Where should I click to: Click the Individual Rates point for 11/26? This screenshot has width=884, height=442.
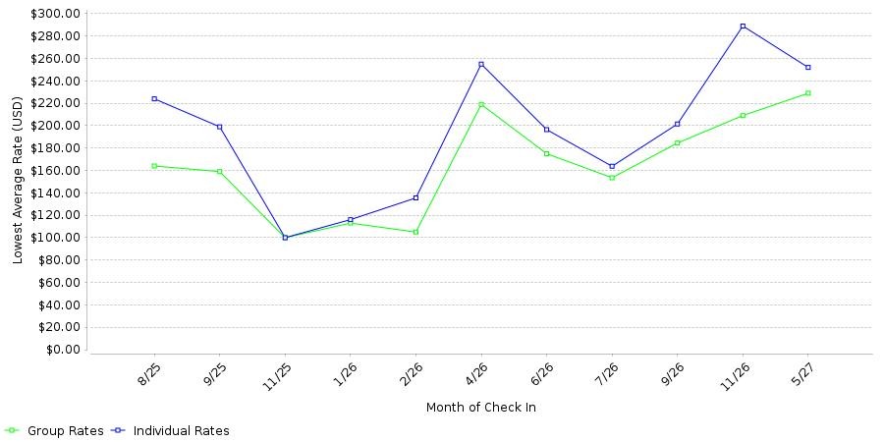coord(743,26)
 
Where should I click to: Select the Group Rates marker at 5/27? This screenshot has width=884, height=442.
coord(808,93)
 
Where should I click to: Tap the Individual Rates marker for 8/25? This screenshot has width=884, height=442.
coord(154,98)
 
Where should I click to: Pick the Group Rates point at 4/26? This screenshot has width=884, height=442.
coord(481,104)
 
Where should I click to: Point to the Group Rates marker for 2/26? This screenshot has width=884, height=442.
coord(415,232)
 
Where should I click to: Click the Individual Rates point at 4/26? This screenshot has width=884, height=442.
coord(481,64)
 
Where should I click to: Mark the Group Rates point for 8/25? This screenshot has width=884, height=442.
coord(154,166)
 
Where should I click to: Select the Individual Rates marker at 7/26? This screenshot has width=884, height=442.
coord(612,166)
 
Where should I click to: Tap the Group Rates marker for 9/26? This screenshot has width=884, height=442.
coord(677,143)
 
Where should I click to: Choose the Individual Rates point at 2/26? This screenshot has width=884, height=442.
coord(415,197)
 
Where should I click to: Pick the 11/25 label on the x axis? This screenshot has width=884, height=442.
coord(276,372)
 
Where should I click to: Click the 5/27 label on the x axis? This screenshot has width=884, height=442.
coord(801,372)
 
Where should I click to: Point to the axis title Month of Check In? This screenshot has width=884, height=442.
coord(481,407)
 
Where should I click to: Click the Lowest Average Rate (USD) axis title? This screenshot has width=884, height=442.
coord(18,181)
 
